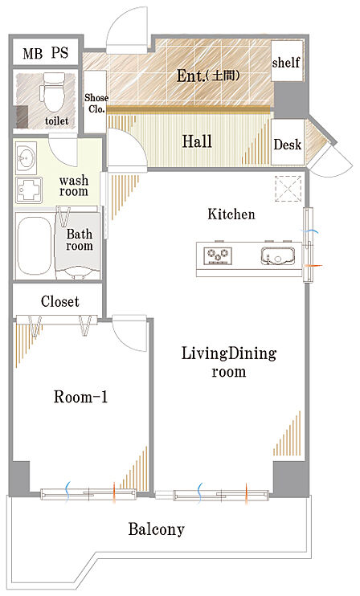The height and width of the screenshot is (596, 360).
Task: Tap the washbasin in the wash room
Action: [x=27, y=157]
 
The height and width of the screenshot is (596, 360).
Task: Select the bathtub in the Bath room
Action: [x=35, y=246]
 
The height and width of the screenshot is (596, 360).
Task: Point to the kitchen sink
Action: [x=278, y=255]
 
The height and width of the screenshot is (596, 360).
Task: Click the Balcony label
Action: [x=156, y=529]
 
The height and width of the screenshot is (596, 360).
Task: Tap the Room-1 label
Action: [x=80, y=398]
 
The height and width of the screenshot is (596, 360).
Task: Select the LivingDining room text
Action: [x=229, y=361]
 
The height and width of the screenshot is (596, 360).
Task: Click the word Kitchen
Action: [x=231, y=214]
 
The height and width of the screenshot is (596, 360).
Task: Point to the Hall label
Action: [x=197, y=141]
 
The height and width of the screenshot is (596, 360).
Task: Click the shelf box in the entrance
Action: [x=287, y=61]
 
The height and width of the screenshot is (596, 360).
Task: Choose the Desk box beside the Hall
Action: [x=288, y=142]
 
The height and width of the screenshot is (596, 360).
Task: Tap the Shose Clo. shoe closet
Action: [x=95, y=101]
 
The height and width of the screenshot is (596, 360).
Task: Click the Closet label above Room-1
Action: [x=60, y=302]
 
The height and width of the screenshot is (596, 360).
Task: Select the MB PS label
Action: [x=46, y=53]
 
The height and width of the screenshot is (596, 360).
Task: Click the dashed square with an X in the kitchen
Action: [x=288, y=189]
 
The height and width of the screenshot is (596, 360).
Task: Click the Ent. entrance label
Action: [x=208, y=76]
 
